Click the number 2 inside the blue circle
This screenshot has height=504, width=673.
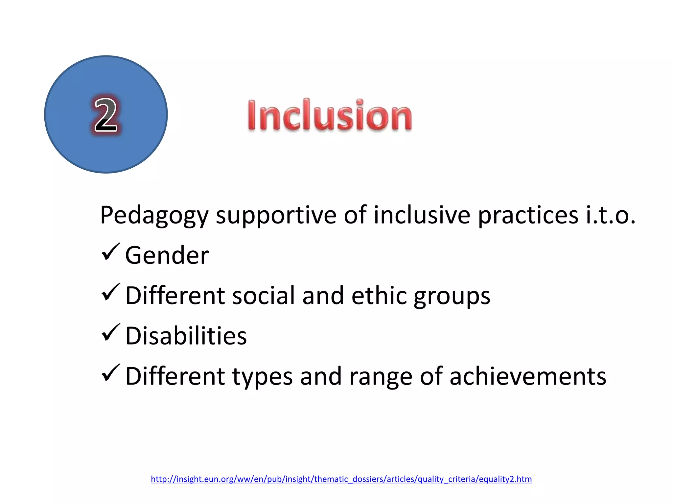(105, 115)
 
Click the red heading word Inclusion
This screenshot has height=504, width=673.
(329, 115)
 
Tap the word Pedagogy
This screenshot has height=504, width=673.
(154, 216)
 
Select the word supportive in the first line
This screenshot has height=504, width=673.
(276, 216)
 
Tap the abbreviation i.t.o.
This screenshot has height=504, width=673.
(611, 216)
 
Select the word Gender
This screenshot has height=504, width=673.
(167, 256)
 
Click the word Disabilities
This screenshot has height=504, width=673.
(186, 336)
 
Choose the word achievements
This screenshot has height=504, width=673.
(528, 376)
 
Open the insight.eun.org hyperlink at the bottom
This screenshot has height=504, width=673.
(341, 479)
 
